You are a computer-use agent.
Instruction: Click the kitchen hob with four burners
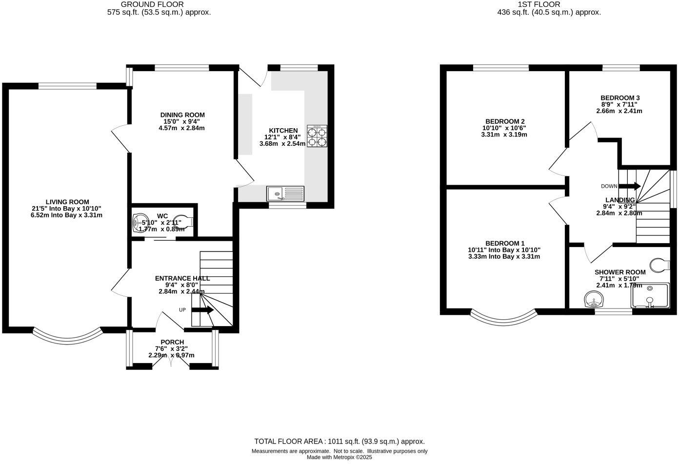[x=317, y=136]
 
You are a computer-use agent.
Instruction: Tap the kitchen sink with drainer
[x=285, y=193]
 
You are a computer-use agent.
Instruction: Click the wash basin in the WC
[x=141, y=223]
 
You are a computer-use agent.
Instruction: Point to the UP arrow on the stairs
[x=202, y=309]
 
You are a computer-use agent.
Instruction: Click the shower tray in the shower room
[x=650, y=296]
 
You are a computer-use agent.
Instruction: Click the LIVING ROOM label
[x=67, y=202]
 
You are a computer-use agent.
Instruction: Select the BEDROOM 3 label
[x=619, y=98]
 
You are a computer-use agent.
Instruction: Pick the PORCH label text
[x=172, y=342]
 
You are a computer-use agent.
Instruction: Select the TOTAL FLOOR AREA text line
[x=339, y=442]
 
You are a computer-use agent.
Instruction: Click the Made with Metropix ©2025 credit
[x=339, y=458]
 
